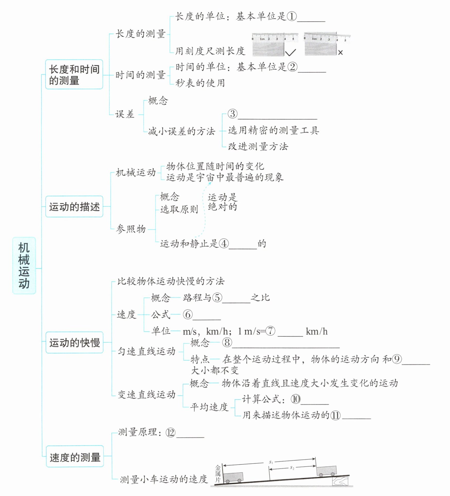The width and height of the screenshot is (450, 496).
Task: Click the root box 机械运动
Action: click(24, 265)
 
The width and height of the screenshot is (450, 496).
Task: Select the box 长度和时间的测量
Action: click(74, 75)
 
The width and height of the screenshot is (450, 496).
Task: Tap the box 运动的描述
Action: click(74, 207)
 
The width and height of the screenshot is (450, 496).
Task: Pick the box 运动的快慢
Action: click(74, 342)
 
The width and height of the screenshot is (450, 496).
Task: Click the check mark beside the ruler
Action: click(290, 52)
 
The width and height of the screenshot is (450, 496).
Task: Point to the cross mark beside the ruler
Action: click(340, 53)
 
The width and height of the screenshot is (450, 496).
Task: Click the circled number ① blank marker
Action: click(292, 16)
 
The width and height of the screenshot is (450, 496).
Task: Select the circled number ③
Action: click(232, 114)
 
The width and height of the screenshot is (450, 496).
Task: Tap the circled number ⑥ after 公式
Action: click(188, 314)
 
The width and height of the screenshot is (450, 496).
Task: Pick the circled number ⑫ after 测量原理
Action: click(170, 432)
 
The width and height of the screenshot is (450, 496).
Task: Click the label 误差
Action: click(125, 114)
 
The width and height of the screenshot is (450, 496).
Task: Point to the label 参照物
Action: click(131, 229)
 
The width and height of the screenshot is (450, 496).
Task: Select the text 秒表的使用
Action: click(200, 83)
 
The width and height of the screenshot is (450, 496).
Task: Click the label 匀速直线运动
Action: click(147, 351)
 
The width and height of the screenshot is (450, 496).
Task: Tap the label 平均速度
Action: click(209, 407)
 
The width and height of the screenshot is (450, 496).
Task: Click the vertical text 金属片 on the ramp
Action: click(218, 474)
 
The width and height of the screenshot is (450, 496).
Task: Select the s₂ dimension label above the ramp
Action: click(292, 468)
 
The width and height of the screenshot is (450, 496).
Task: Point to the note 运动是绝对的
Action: click(222, 202)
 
